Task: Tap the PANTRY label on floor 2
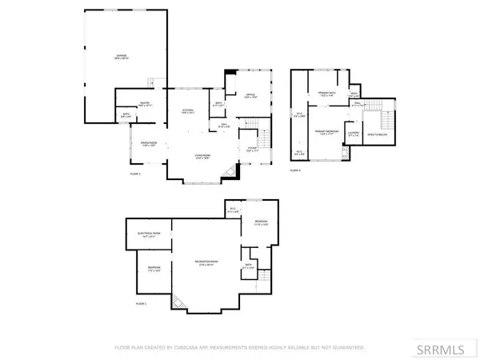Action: point(147,106)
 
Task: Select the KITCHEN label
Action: point(188,111)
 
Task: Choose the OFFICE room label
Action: point(249,96)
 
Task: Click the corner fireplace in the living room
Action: point(230,173)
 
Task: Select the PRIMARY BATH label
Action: point(326,94)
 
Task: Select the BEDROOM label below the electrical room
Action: point(154,268)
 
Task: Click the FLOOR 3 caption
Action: point(295,170)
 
